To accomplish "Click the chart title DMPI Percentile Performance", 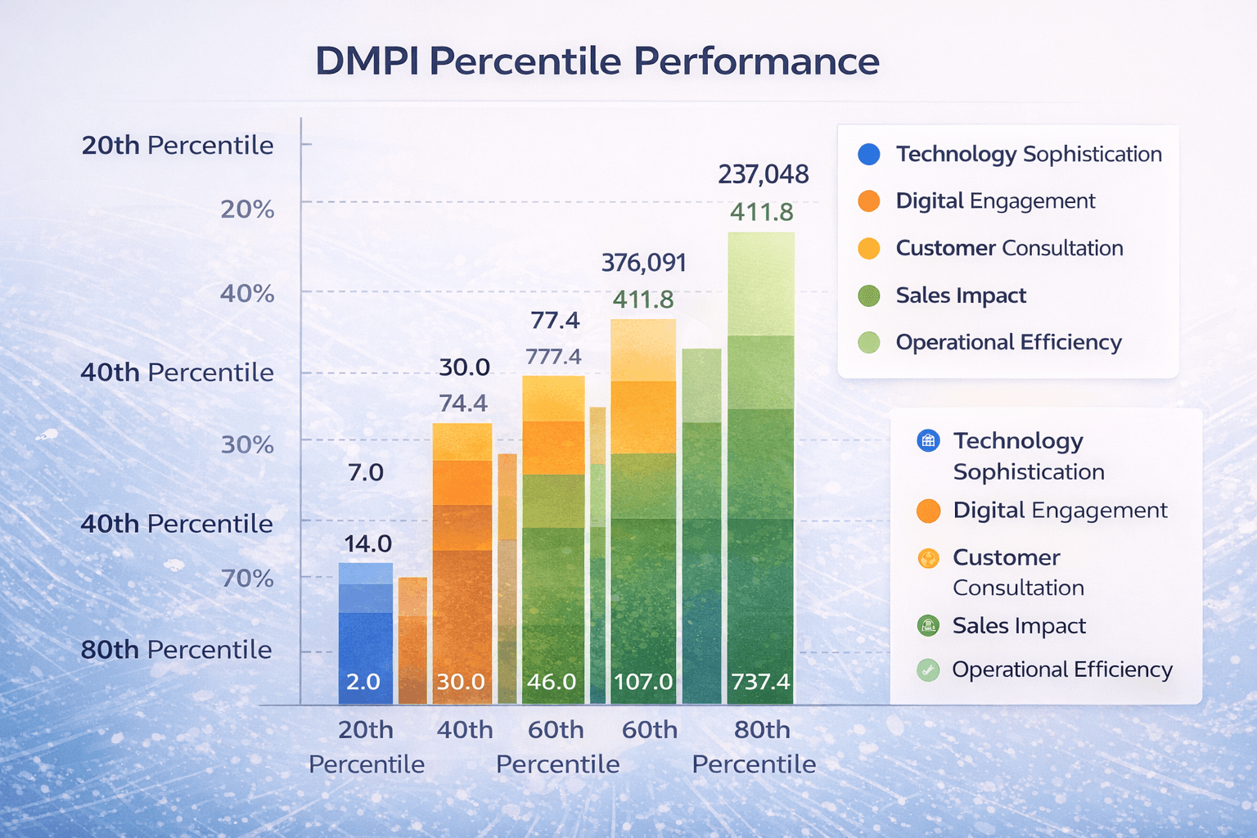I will coord(597,61).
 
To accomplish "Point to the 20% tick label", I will coord(247,209).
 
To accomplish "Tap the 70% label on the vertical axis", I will coord(247,579).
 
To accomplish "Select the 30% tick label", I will coord(247,444).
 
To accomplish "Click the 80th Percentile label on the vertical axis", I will coord(176,650).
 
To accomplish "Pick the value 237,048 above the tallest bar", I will coord(763,174).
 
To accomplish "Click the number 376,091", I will coord(643,263).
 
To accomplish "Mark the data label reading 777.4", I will coord(553,357).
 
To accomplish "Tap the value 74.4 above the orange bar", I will coord(463,403).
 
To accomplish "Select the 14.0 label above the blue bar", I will coord(367,544).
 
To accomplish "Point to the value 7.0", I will coord(365,473).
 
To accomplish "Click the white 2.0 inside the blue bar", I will coord(363,682).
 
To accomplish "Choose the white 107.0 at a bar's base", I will coord(643,682).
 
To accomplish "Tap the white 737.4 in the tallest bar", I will coord(760,682).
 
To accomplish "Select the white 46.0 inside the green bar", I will coord(552,682).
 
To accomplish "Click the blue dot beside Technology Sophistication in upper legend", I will coord(868,154).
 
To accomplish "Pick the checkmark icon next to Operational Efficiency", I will coord(928,670).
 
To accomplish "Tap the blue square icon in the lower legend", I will coord(928,441).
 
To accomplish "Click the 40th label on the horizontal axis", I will coord(465,730).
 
